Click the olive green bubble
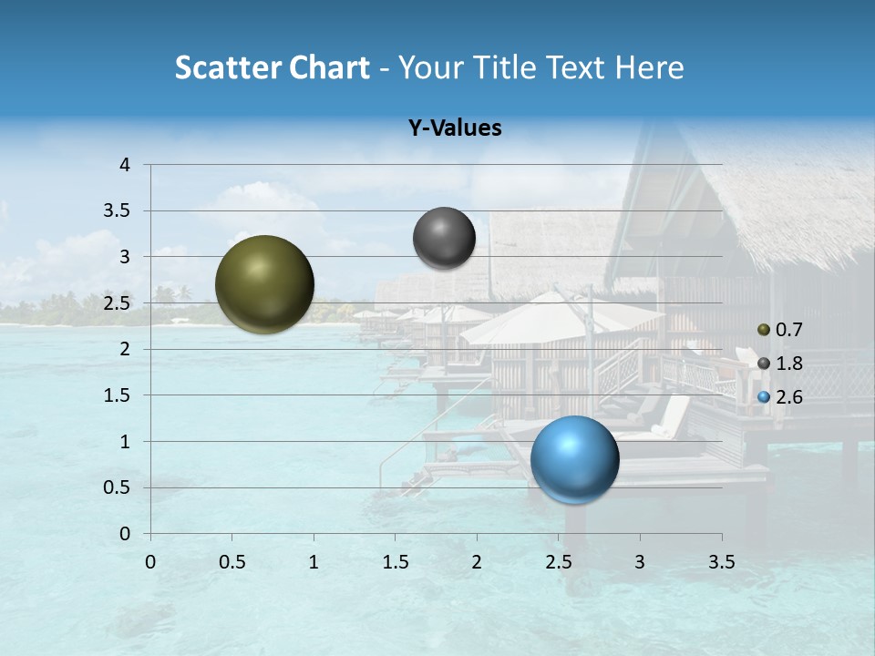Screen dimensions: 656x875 pos(264,284)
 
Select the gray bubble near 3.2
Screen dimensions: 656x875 pos(444,238)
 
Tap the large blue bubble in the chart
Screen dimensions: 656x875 pos(574,459)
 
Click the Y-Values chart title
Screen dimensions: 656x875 pos(454,128)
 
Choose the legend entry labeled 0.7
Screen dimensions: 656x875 pos(780,330)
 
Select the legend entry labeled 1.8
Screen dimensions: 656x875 pos(780,364)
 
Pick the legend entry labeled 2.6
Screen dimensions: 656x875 pos(780,397)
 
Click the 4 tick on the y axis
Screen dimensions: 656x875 pos(125,164)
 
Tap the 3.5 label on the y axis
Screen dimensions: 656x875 pos(118,210)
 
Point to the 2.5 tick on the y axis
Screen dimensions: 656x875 pos(118,302)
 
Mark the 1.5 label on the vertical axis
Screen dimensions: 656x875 pos(118,395)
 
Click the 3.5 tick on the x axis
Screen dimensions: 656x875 pos(721,562)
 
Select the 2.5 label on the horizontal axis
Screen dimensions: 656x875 pos(558,562)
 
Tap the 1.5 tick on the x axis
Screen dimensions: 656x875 pos(395,562)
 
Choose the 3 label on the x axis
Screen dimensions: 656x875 pos(640,562)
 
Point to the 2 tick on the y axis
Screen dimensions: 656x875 pos(125,349)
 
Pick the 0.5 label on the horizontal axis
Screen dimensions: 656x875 pos(232,562)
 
